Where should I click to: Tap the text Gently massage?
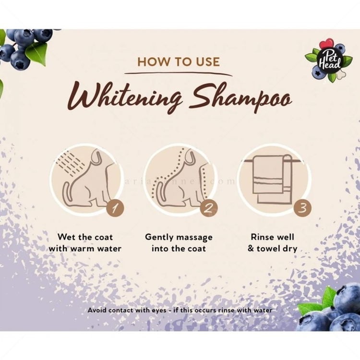coord(179,237)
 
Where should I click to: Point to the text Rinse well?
coord(272,237)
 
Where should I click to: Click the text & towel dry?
coord(272,249)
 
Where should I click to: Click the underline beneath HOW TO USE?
coord(179,73)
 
